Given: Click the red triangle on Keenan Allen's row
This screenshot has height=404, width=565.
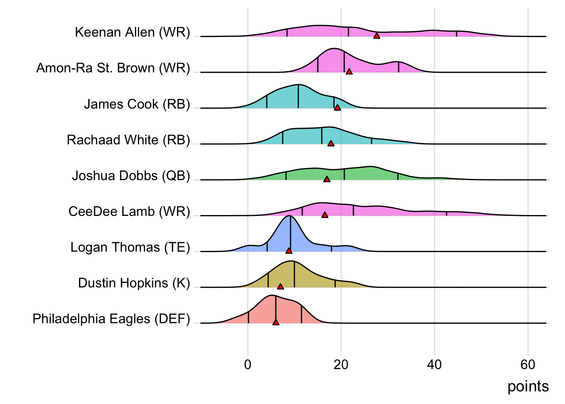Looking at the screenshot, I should pyautogui.click(x=377, y=36).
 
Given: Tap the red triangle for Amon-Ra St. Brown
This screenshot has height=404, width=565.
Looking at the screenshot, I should pyautogui.click(x=349, y=72).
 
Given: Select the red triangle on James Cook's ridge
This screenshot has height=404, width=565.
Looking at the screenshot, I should pyautogui.click(x=337, y=108).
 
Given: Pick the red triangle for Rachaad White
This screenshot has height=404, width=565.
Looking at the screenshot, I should pyautogui.click(x=331, y=144).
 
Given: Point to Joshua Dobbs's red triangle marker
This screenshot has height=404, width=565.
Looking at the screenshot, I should pyautogui.click(x=327, y=179).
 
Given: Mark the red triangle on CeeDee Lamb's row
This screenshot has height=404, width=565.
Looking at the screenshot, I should pyautogui.click(x=325, y=215).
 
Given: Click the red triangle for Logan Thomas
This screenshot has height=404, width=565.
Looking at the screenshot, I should pyautogui.click(x=289, y=251).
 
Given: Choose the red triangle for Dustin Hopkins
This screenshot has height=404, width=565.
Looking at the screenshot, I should pyautogui.click(x=280, y=287).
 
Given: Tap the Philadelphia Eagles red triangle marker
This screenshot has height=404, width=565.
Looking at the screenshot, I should pyautogui.click(x=276, y=322).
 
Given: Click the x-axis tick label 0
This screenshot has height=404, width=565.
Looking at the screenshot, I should pyautogui.click(x=248, y=364).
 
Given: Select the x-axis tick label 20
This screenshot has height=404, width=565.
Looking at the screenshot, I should pyautogui.click(x=341, y=364).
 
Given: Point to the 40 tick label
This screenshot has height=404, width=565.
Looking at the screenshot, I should pyautogui.click(x=434, y=364).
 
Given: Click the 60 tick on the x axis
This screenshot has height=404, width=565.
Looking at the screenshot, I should pyautogui.click(x=528, y=364).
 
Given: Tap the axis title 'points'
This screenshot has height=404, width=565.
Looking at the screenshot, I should pyautogui.click(x=528, y=386).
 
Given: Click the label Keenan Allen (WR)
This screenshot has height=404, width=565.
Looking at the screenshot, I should pyautogui.click(x=132, y=32).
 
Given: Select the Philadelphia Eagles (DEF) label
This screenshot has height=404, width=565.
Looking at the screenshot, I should pyautogui.click(x=111, y=319).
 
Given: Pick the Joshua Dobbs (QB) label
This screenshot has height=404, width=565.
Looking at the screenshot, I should pyautogui.click(x=131, y=175).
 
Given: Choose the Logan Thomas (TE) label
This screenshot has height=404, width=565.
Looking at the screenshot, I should pyautogui.click(x=130, y=247).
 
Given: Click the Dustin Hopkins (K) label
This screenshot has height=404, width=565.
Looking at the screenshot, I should pyautogui.click(x=134, y=283).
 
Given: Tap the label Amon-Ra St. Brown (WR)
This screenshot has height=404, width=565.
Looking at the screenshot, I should pyautogui.click(x=113, y=68).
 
